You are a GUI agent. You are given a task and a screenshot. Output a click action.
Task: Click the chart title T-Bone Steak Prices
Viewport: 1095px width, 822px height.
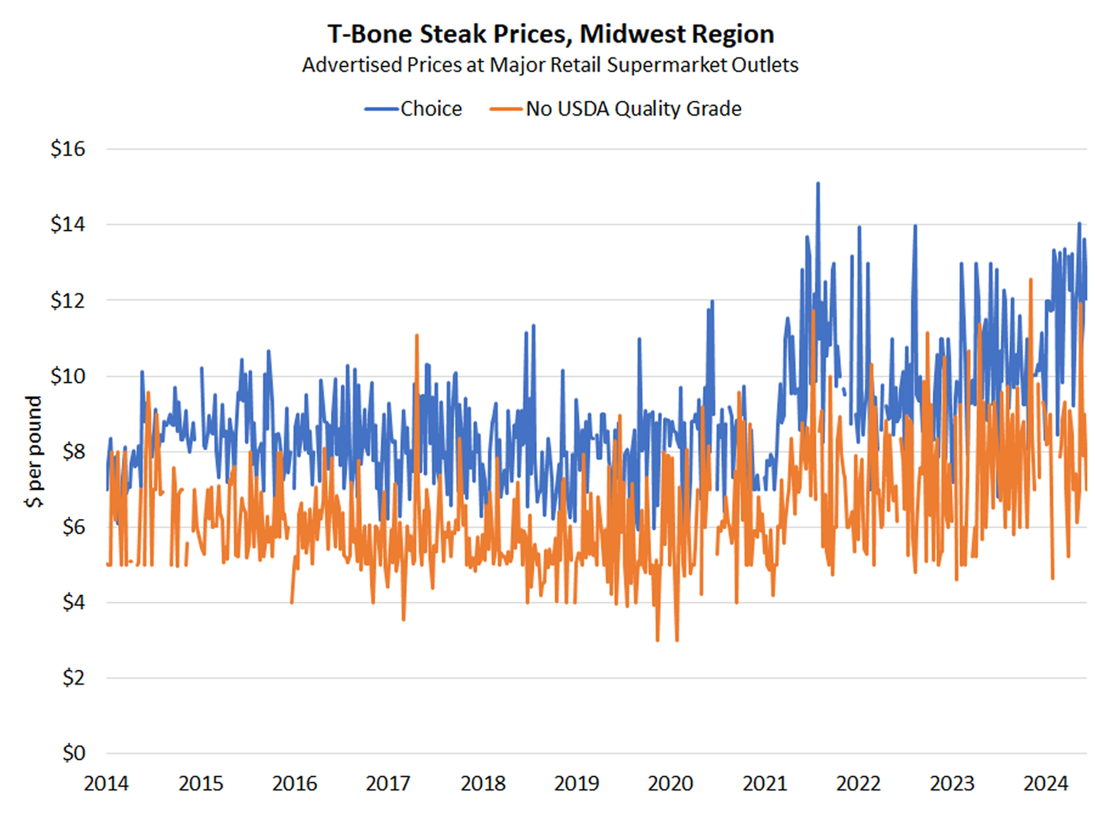point(551,34)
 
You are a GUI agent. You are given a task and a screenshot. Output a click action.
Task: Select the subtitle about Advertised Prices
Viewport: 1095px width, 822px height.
point(550,65)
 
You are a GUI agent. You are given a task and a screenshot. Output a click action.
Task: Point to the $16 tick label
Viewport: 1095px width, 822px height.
point(68,149)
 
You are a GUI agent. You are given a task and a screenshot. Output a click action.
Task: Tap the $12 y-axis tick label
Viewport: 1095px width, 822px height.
point(68,301)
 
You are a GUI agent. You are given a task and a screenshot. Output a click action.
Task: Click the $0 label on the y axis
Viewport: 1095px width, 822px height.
point(74,753)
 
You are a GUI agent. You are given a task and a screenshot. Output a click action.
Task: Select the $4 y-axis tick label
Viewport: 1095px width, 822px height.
point(74,602)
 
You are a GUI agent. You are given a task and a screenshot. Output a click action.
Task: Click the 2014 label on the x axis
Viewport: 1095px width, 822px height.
point(106,784)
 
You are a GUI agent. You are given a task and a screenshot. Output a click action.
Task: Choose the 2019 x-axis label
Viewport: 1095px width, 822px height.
point(576,784)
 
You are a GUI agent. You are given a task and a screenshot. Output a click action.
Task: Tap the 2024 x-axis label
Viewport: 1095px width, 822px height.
point(1045,784)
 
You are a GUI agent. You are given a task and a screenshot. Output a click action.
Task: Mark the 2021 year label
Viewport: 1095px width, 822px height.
point(764,784)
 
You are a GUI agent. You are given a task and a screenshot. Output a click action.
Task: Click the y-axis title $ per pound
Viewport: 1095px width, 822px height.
point(33,451)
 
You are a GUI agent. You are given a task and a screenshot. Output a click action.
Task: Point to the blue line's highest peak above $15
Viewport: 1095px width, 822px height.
point(818,183)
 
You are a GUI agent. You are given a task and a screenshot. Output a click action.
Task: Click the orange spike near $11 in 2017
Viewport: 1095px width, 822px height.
point(417,335)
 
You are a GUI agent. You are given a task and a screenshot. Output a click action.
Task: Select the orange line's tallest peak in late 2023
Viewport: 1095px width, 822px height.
point(1031,279)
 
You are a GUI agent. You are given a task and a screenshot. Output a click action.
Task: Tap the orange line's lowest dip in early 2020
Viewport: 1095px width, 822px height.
point(658,639)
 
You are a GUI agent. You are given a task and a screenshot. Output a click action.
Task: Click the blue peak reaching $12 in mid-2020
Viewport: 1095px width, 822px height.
point(712,301)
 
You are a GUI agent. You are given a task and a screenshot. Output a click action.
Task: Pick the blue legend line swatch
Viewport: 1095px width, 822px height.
point(381,110)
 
